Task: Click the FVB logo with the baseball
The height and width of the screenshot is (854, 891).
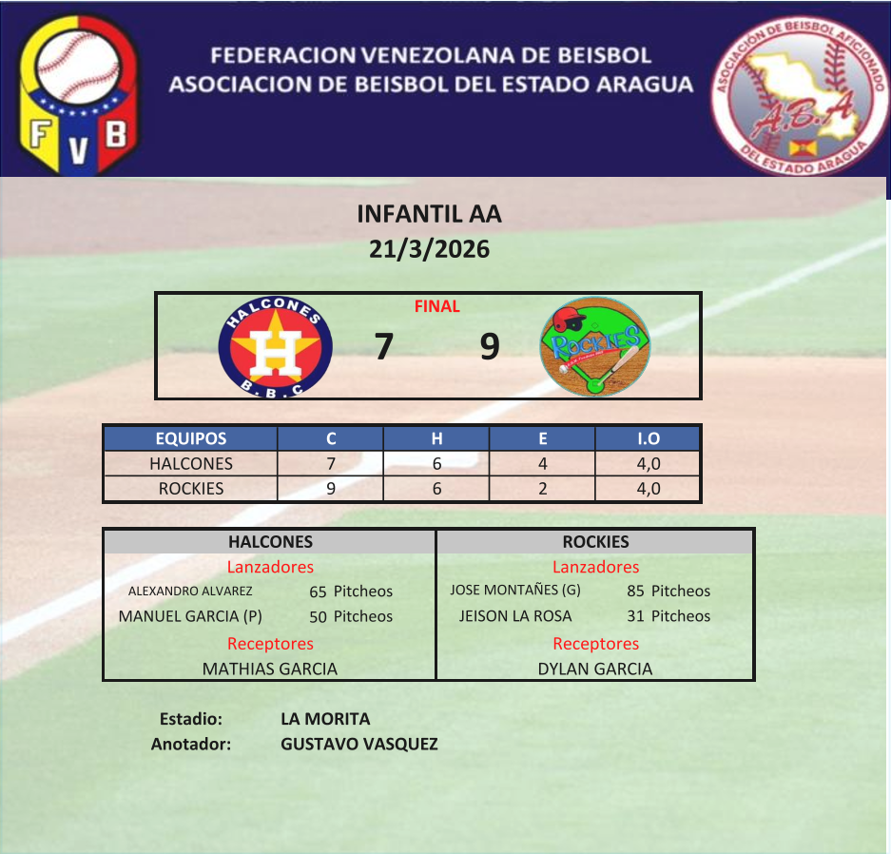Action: [x=79, y=94]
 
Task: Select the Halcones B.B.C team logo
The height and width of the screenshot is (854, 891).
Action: [x=275, y=346]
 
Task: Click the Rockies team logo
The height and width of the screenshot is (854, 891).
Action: [x=595, y=346]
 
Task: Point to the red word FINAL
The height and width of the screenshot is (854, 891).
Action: [x=437, y=306]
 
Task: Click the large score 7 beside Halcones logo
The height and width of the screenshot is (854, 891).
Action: [x=384, y=346]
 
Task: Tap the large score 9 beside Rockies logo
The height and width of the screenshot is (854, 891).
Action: [x=490, y=346]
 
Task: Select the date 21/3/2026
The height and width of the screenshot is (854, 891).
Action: [x=429, y=249]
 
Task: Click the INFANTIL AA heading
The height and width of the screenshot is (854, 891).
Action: [x=429, y=214]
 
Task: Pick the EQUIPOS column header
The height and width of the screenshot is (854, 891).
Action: [x=191, y=438]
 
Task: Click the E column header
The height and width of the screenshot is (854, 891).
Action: [x=543, y=438]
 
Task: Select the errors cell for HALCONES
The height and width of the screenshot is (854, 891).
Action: [x=543, y=464]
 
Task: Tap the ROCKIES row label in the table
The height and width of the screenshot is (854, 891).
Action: [x=191, y=489]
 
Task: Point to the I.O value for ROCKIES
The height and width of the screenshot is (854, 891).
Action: [x=649, y=489]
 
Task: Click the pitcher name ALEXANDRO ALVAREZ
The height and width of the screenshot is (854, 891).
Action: [x=190, y=591]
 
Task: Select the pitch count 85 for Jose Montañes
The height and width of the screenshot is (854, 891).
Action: [x=635, y=591]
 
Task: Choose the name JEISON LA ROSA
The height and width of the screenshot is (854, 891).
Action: [x=515, y=616]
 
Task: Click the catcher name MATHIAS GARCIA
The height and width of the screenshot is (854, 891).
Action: [x=270, y=669]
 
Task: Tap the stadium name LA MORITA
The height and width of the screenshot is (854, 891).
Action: [x=325, y=719]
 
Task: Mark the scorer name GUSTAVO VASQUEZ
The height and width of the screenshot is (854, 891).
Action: [x=359, y=744]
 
